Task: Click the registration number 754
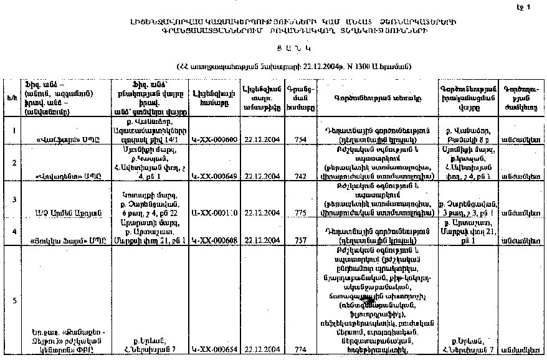300,140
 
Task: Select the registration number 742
300,176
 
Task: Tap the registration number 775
300,213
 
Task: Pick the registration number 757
300,240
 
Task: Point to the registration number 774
300,351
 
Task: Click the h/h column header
12,98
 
